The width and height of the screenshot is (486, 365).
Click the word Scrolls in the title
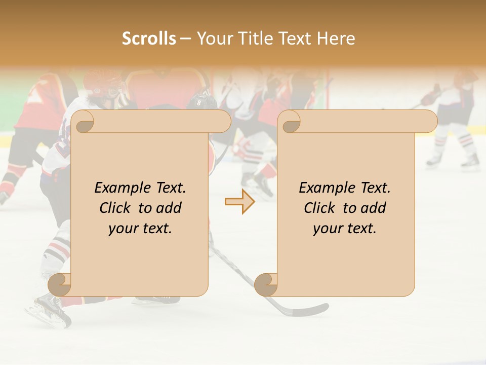149,39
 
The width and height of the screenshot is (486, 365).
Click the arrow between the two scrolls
239,202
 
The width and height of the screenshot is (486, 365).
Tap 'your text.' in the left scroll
140,229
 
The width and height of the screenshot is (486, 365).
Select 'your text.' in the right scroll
344,229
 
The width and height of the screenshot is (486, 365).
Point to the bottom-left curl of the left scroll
60,284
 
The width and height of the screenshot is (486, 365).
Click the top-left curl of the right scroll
290,122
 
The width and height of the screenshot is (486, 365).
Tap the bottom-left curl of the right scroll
266,284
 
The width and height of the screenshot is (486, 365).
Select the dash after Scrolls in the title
186,39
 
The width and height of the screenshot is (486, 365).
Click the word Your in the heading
213,39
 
